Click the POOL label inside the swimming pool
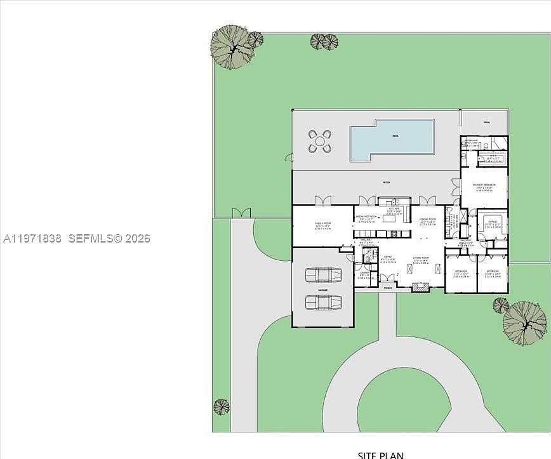point(395,136)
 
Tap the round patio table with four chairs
point(320,142)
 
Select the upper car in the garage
point(323,276)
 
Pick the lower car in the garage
point(323,302)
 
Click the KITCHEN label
point(394,209)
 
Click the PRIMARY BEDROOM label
point(484,185)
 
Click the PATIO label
point(385,183)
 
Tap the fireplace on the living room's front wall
point(420,288)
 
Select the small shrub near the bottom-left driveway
point(221,406)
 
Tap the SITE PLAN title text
point(381,455)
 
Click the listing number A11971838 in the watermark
point(32,239)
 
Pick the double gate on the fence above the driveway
point(241,213)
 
